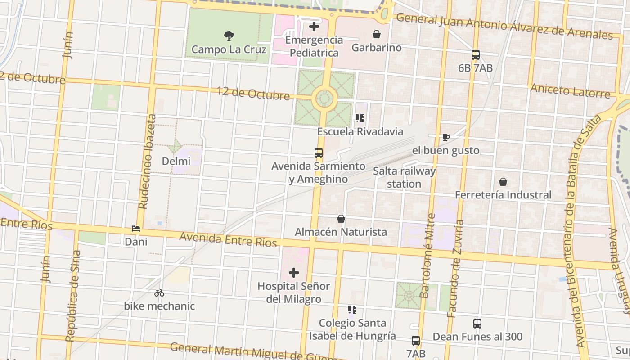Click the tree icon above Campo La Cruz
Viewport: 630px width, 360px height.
[x=229, y=36]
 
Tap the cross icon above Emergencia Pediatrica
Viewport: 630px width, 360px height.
[x=314, y=27]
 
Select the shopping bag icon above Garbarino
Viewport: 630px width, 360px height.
[x=376, y=34]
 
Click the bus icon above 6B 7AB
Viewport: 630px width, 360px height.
[x=475, y=55]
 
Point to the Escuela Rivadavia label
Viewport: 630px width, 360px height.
[x=360, y=131]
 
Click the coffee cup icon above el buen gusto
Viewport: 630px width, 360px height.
[x=445, y=137]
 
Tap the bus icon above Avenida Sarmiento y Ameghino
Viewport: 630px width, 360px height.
[x=319, y=153]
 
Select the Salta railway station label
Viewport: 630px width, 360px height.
[x=404, y=177]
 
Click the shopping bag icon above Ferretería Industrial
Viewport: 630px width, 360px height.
[x=503, y=182]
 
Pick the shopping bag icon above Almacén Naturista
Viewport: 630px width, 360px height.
[x=341, y=219]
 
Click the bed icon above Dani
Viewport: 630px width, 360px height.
[x=136, y=229]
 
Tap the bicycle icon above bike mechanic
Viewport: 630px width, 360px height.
[x=159, y=293]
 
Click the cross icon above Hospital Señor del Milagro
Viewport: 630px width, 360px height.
[x=294, y=273]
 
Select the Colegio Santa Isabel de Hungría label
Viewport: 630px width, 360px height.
[x=352, y=329]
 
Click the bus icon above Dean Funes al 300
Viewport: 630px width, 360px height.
[x=477, y=323]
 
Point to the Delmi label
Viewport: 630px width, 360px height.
[x=176, y=161]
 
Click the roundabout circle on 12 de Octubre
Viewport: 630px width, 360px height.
[x=324, y=98]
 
